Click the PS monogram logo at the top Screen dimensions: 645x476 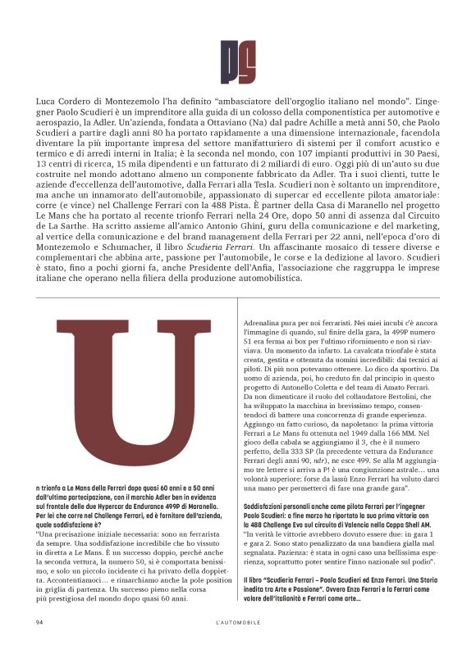(x=238, y=61)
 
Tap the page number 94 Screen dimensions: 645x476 (x=39, y=623)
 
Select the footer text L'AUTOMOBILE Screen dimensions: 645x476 (x=238, y=623)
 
